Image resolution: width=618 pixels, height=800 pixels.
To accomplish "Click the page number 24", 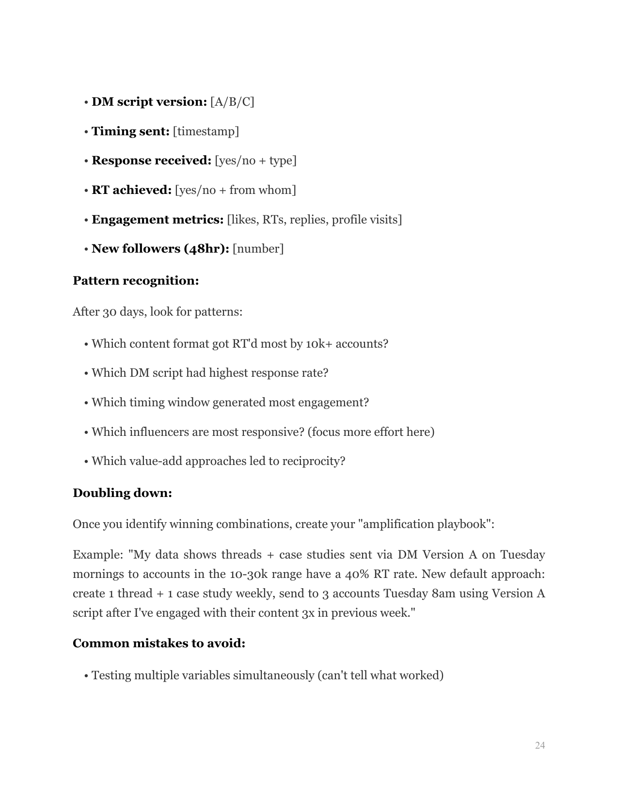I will (x=540, y=745).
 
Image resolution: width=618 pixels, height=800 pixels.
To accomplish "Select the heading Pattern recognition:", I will (x=136, y=281).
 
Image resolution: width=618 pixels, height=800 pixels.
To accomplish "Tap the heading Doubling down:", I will (x=122, y=493).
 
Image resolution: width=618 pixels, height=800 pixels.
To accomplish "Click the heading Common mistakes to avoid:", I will (x=159, y=643).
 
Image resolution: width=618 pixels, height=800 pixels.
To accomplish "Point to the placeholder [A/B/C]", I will (x=232, y=102).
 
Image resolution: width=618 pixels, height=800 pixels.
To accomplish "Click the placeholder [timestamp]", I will (x=206, y=131).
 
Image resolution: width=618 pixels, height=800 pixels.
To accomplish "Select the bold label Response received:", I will (x=151, y=160).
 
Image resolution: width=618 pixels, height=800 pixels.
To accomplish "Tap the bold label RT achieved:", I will (x=132, y=190).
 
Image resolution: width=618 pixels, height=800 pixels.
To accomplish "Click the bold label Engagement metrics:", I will (x=158, y=220).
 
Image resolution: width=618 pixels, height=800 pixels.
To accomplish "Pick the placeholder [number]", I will (x=258, y=249).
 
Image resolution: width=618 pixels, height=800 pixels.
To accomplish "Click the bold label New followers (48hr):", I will (x=160, y=249).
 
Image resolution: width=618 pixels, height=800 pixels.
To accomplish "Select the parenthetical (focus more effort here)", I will (x=371, y=432).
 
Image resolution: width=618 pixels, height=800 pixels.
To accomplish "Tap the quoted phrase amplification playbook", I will (x=425, y=524).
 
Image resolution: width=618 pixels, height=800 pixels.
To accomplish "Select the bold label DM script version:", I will (x=149, y=102).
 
